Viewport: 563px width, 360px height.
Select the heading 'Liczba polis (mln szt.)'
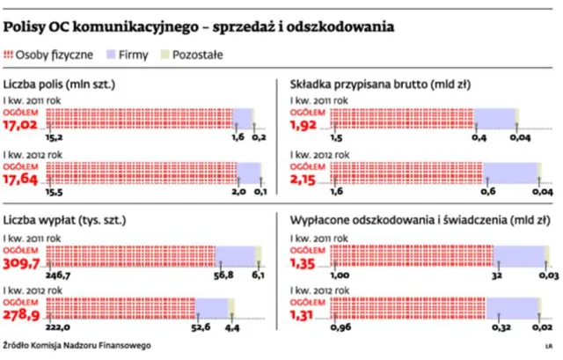click(61, 85)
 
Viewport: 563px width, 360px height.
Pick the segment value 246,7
click(60, 275)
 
